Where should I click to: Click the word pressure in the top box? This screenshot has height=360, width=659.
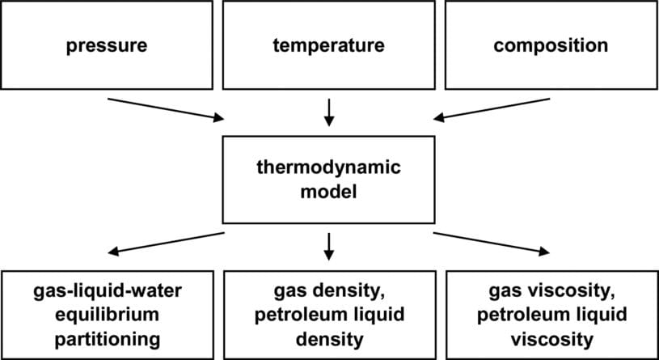click(x=107, y=45)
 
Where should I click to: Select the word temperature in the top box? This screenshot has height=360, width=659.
click(x=328, y=45)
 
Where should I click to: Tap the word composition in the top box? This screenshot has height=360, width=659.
click(x=550, y=45)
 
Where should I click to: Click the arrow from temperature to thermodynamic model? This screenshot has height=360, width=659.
click(x=328, y=111)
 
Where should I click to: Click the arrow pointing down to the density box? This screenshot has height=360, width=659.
click(x=328, y=245)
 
